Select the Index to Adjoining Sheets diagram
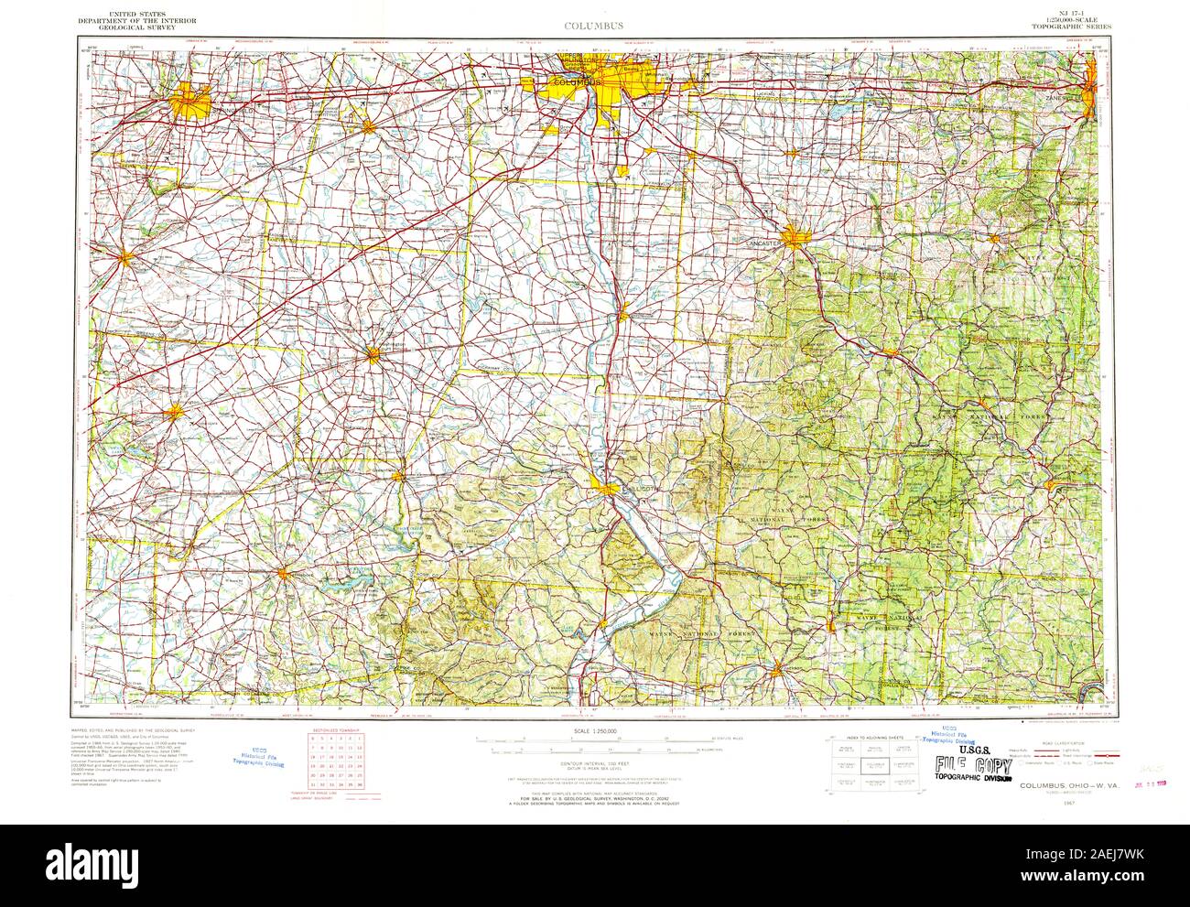869,761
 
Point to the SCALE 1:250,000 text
594,730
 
